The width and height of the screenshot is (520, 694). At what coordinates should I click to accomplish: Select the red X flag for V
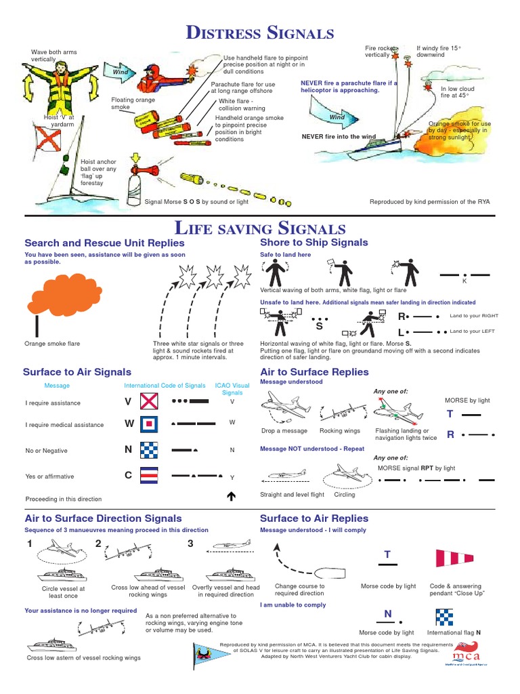149,403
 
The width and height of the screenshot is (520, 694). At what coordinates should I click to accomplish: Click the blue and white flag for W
149,425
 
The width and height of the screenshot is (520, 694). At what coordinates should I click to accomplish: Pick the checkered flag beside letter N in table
149,450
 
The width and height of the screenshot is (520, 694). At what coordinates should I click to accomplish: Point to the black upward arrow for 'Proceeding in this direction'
231,497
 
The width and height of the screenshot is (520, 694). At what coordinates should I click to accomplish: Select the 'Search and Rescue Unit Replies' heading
104,243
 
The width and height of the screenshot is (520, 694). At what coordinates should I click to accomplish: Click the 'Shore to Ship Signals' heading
314,243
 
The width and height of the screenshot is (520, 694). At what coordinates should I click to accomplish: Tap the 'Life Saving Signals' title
260,228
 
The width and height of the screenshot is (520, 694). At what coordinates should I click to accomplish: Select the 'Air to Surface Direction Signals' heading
103,518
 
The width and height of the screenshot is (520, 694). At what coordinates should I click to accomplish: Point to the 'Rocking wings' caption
340,431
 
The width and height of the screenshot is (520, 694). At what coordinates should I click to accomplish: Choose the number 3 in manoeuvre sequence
190,544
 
